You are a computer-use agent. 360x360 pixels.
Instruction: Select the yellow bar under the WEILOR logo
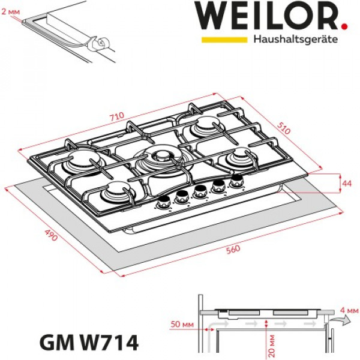click(x=224, y=40)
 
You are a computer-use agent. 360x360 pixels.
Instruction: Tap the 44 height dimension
click(x=346, y=182)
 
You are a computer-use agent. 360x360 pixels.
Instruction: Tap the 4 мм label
click(x=348, y=310)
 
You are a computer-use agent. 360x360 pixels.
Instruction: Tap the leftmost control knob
click(x=163, y=203)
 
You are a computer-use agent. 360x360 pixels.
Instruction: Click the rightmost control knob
click(x=237, y=179)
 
